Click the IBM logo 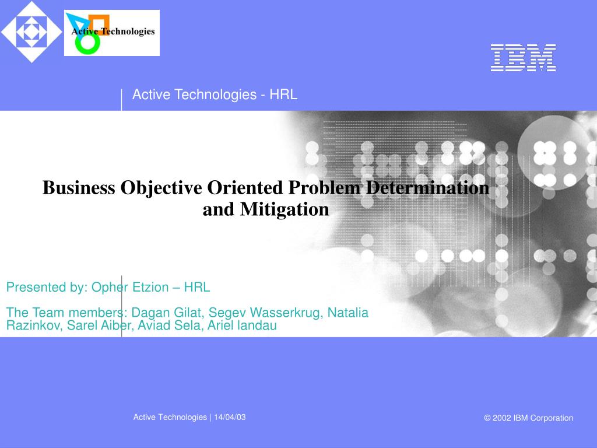click(x=523, y=58)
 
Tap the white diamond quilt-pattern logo click(x=31, y=32)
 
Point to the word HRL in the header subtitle click(x=283, y=94)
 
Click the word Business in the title click(x=79, y=187)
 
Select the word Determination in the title click(x=427, y=187)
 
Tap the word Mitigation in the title click(x=285, y=209)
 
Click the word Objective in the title click(x=161, y=188)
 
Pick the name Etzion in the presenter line click(x=151, y=287)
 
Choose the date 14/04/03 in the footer click(x=230, y=417)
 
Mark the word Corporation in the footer click(x=552, y=418)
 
